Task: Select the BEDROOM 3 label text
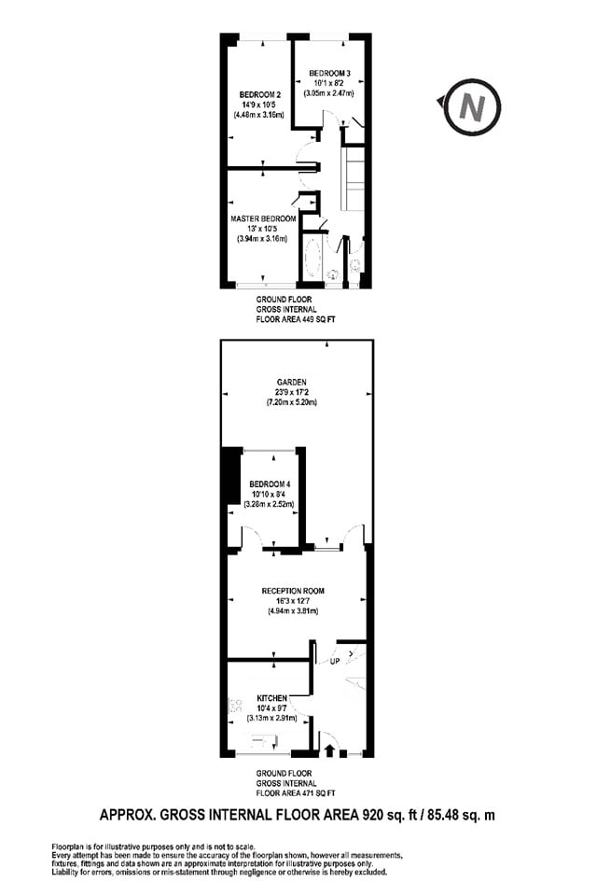coord(330,73)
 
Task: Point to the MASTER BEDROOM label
coord(264,219)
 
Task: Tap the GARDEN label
coord(290,381)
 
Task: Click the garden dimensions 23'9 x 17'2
coord(290,392)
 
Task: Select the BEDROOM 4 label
coord(271,483)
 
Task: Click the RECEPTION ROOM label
coord(292,591)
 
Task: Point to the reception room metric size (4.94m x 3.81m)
coord(292,612)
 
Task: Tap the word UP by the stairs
coord(333,662)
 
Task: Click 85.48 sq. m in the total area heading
coord(460,815)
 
